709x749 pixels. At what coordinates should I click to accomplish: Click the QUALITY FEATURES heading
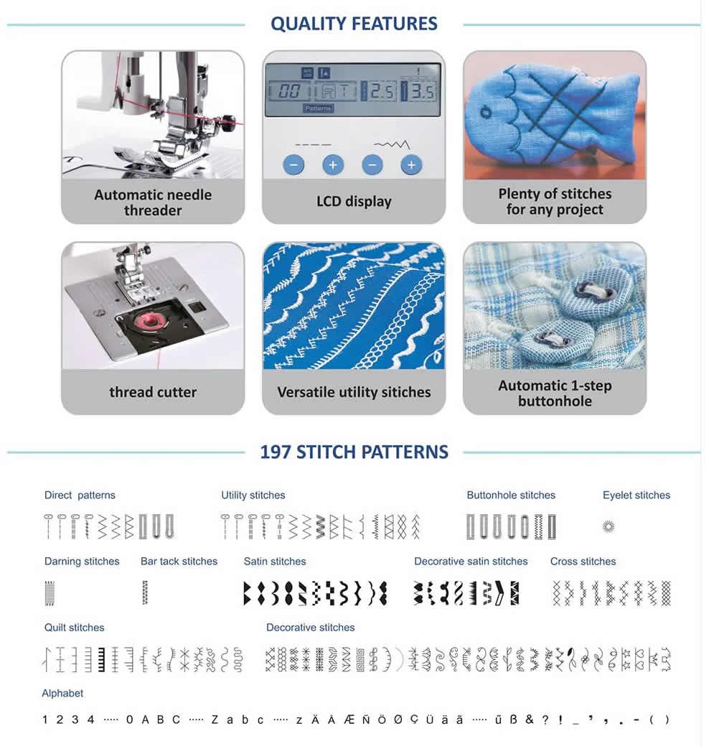354,24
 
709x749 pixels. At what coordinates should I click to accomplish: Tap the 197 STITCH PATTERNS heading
354,452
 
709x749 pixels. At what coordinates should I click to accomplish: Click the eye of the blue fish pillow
486,113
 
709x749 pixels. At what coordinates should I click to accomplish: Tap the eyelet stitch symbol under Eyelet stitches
609,527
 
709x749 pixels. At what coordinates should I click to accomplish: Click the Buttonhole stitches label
511,495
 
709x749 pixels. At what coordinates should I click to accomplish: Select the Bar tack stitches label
179,561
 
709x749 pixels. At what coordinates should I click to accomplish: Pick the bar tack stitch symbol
145,592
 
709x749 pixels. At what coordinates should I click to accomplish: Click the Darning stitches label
82,561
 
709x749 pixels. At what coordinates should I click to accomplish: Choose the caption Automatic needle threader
153,203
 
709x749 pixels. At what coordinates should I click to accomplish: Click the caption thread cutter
153,392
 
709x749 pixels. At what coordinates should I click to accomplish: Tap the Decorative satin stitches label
471,561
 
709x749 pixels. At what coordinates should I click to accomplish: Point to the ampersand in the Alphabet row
530,719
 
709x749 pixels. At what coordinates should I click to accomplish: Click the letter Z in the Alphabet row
215,720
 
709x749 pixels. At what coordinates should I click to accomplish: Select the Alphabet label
62,693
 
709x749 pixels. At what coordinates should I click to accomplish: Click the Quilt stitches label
74,627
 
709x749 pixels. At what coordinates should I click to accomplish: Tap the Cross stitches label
583,561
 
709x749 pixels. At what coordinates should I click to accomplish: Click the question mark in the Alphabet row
545,719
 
